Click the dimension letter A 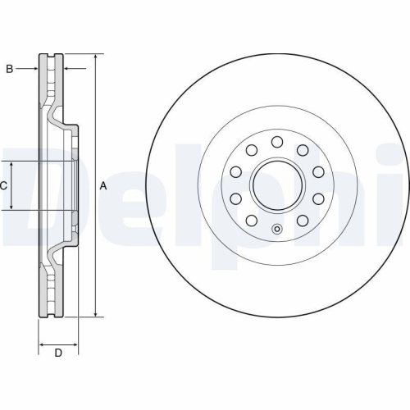[x=103, y=186]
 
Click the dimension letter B [x=9, y=69]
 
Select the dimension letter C [x=3, y=186]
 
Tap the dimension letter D [x=57, y=353]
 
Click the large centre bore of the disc [x=277, y=186]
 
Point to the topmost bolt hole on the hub [x=277, y=141]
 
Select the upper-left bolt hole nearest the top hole [x=252, y=149]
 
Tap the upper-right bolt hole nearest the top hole [x=303, y=149]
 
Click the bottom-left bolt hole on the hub [x=252, y=221]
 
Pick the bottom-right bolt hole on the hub [x=303, y=221]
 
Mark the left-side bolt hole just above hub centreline [x=236, y=172]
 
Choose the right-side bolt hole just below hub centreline [x=318, y=199]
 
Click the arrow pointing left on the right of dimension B [x=72, y=69]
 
